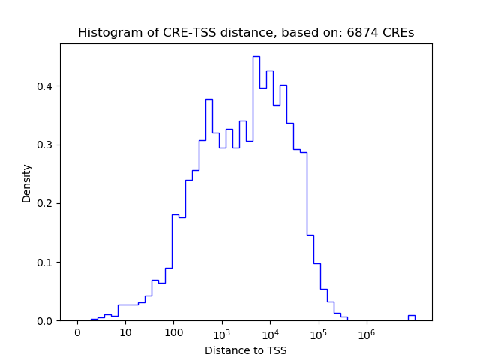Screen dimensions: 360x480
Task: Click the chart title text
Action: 246,33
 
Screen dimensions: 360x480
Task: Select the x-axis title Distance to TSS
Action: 246,350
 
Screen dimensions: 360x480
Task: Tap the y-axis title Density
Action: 27,182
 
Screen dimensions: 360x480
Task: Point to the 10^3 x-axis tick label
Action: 222,333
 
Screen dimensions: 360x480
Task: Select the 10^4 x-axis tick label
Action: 270,333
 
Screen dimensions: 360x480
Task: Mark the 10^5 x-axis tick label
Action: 318,333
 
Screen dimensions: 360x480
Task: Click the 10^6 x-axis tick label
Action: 366,333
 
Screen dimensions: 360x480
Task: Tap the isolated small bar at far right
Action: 411,317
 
